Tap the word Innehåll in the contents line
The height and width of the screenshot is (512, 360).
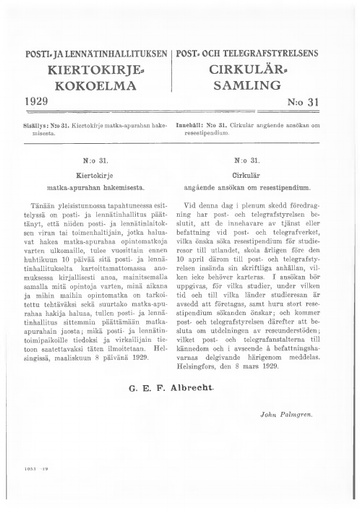[203, 125]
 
